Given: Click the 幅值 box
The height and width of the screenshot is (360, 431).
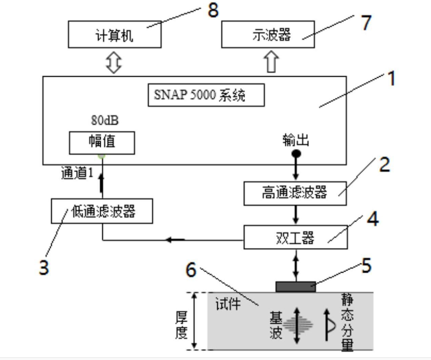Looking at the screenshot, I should pos(102,142).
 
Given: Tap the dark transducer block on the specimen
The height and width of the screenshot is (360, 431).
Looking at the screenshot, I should pos(296,286).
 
